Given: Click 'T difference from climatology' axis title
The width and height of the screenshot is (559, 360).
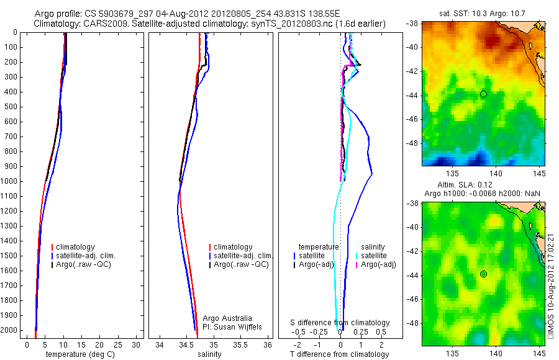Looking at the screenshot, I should pyautogui.click(x=340, y=354).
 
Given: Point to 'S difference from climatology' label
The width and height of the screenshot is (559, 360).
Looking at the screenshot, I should pyautogui.click(x=340, y=323).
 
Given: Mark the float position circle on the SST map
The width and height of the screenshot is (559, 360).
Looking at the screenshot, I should pyautogui.click(x=483, y=94).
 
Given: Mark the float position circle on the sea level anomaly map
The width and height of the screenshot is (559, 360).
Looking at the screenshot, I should pyautogui.click(x=483, y=274).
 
